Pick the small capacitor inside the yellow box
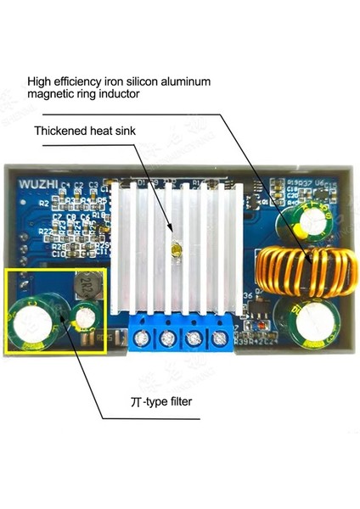pyautogui.click(x=84, y=319)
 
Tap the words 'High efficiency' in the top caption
pyautogui.click(x=62, y=82)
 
